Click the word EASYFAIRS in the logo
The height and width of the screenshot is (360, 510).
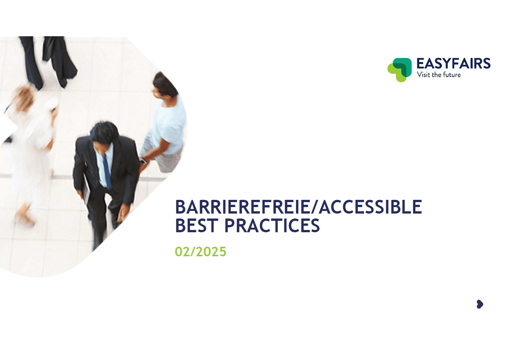(x=453, y=63)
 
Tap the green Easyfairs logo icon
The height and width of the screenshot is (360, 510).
(x=400, y=70)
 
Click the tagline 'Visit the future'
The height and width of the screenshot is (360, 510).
(x=439, y=75)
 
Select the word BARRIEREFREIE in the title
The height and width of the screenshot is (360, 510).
(x=242, y=207)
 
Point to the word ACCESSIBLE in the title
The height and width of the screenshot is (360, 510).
(x=370, y=207)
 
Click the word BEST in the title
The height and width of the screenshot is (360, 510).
(x=197, y=225)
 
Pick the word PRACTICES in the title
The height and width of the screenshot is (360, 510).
(x=272, y=225)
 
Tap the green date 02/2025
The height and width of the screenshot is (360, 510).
(x=201, y=252)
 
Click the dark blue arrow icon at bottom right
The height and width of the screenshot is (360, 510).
(x=480, y=304)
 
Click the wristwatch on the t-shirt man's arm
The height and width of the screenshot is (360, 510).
(x=143, y=161)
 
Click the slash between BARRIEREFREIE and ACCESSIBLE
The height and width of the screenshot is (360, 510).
(x=314, y=207)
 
